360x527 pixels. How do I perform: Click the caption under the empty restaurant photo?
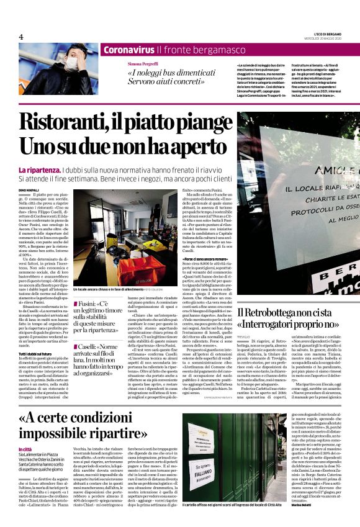click(109, 290)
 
